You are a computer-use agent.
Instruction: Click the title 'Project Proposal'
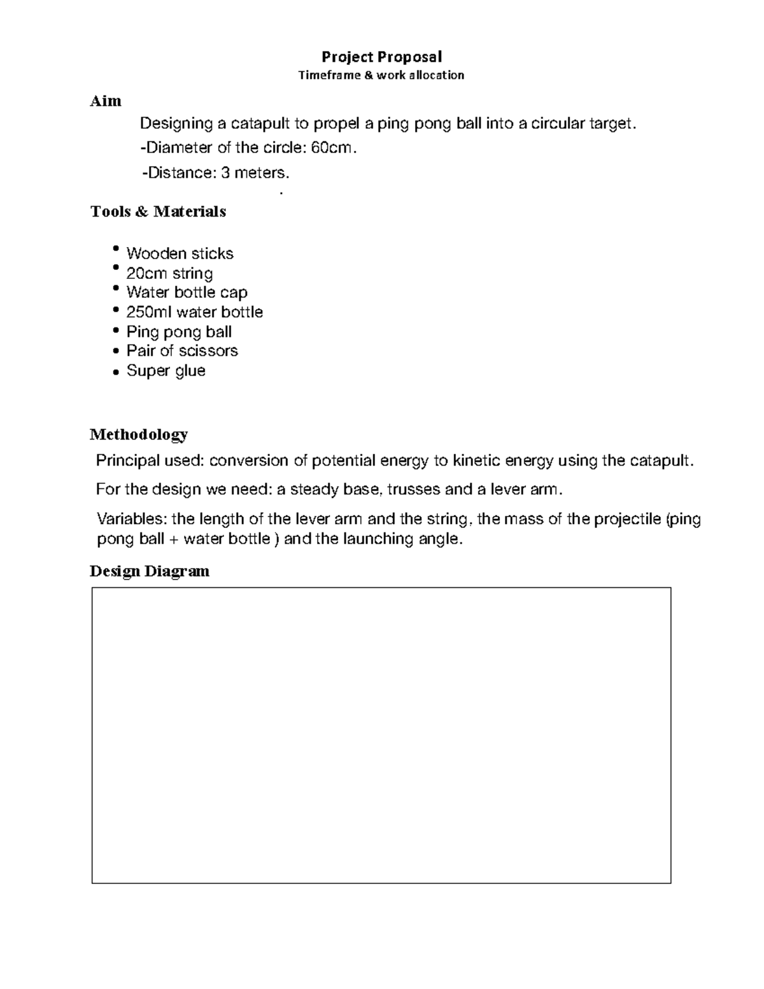381,57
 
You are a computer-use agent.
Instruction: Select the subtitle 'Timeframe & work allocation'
381,75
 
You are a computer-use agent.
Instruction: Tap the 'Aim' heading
106,101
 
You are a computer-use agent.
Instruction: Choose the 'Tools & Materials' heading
158,211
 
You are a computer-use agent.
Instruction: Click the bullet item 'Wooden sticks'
180,253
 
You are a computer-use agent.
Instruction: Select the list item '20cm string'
169,273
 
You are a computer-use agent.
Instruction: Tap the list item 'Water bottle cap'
187,292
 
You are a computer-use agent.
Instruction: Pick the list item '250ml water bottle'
194,312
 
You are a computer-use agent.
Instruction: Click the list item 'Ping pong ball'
179,332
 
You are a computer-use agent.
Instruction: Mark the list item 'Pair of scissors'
182,351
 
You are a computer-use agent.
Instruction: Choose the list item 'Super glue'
166,371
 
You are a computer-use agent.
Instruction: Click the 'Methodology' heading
139,434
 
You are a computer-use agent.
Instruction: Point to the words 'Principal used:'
150,460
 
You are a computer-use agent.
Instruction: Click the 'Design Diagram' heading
150,571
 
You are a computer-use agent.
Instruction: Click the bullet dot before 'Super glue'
115,371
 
